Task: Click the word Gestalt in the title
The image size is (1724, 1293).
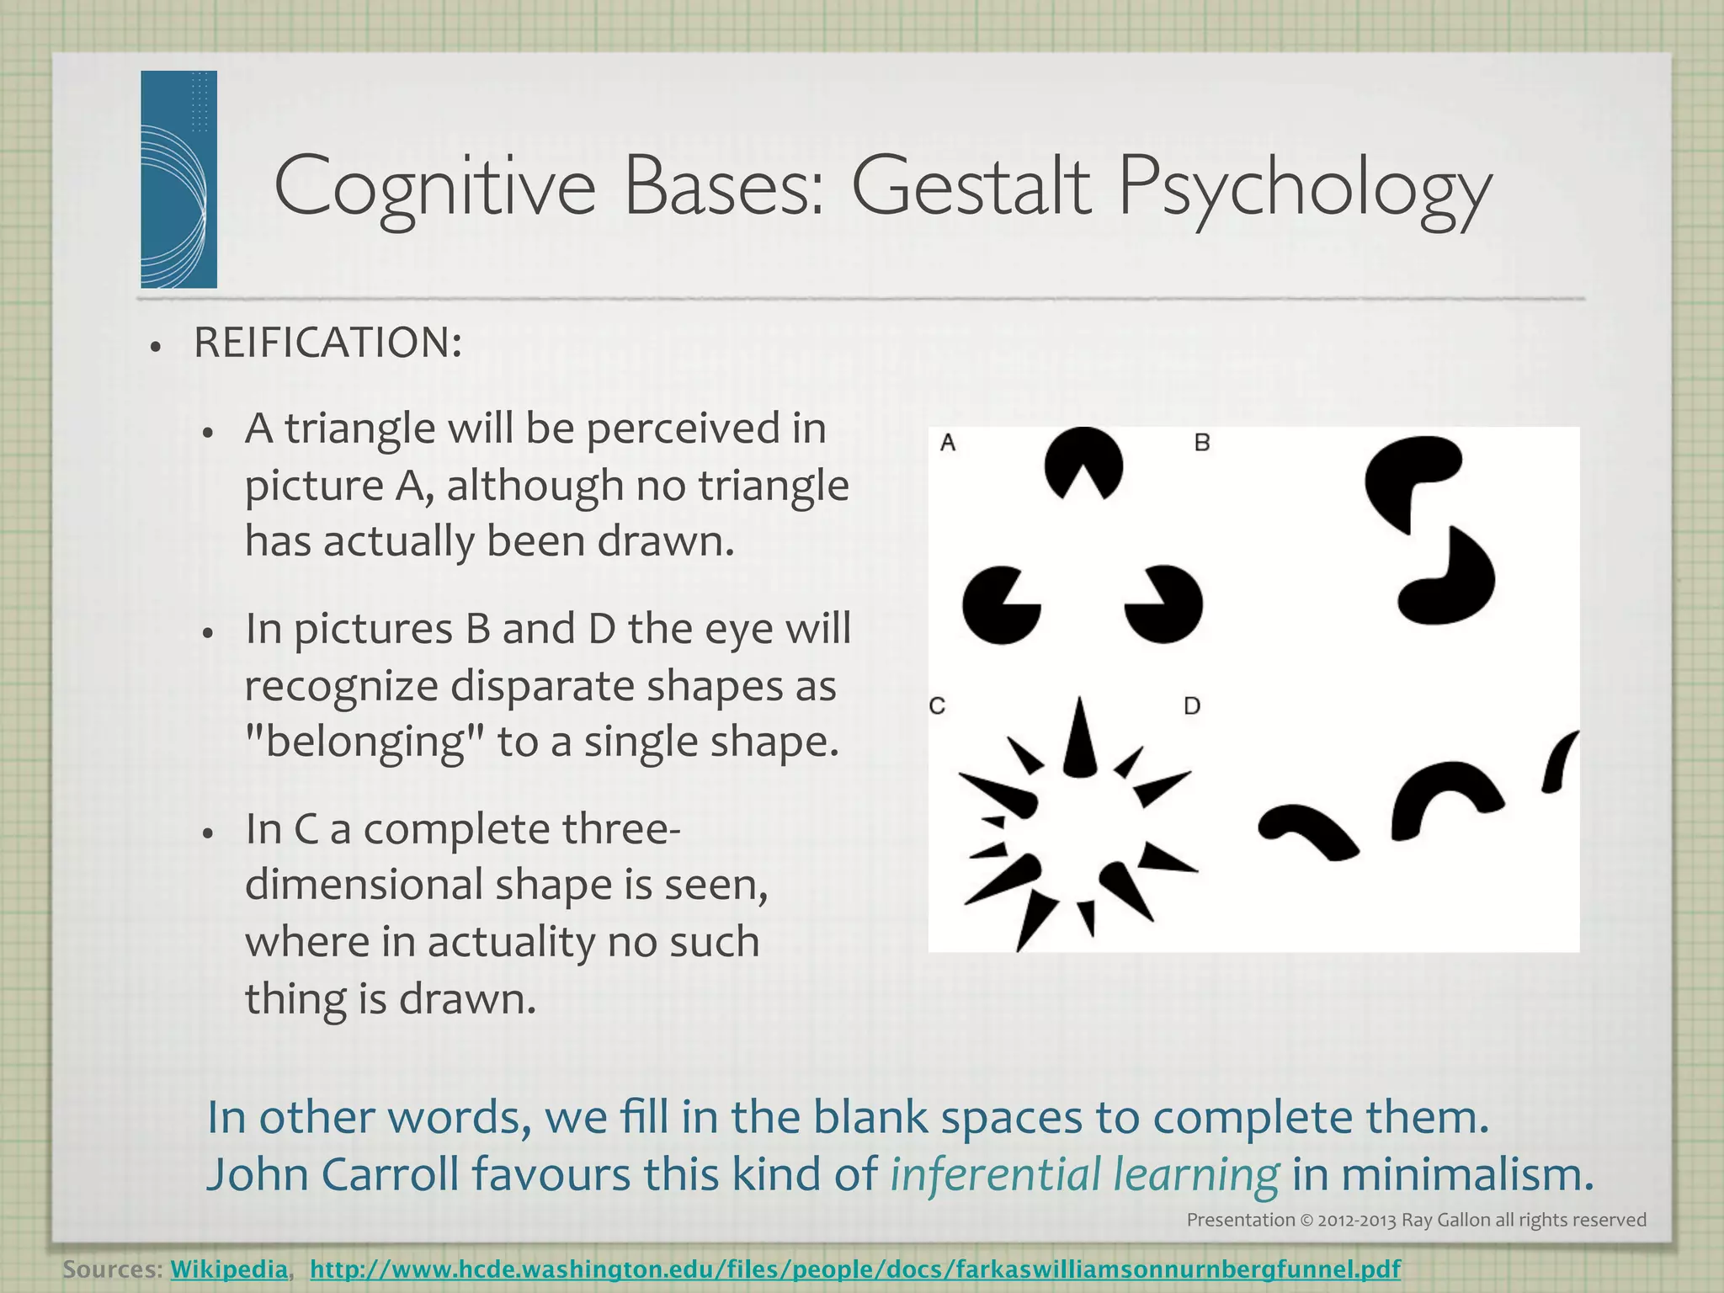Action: (971, 187)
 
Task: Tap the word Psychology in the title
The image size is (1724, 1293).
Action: (1304, 189)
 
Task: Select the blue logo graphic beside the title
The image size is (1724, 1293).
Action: (178, 179)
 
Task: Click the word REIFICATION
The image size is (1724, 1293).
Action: (327, 343)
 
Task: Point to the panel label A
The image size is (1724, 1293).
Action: (948, 443)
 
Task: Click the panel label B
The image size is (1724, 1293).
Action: (1202, 443)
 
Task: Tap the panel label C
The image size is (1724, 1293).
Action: (938, 705)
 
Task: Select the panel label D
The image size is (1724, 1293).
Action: (1192, 705)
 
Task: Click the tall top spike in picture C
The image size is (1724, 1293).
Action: (1080, 741)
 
